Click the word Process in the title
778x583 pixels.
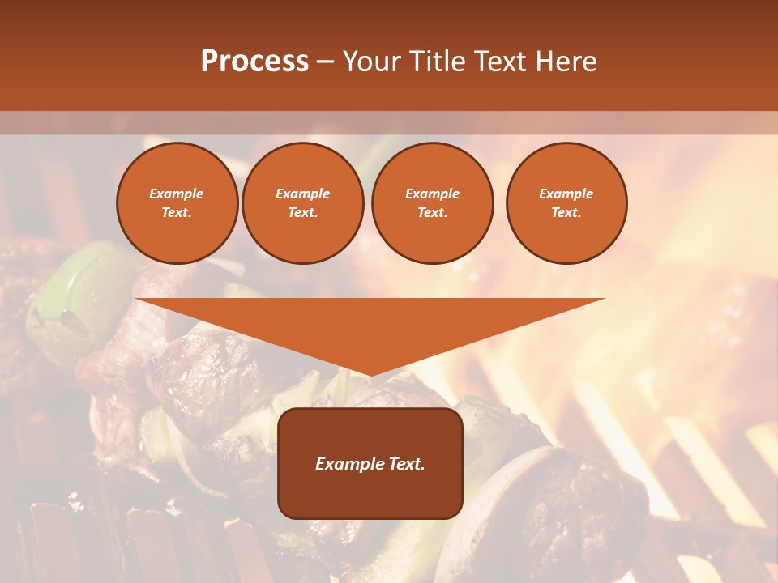pos(254,62)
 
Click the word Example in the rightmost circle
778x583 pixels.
pos(566,194)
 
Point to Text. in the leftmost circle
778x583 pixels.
pos(177,213)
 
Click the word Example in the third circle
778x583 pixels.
pos(432,194)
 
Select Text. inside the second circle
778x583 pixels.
pos(302,213)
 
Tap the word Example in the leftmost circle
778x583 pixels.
pos(177,194)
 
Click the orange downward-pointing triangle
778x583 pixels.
pos(370,328)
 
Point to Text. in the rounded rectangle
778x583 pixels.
pos(404,464)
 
